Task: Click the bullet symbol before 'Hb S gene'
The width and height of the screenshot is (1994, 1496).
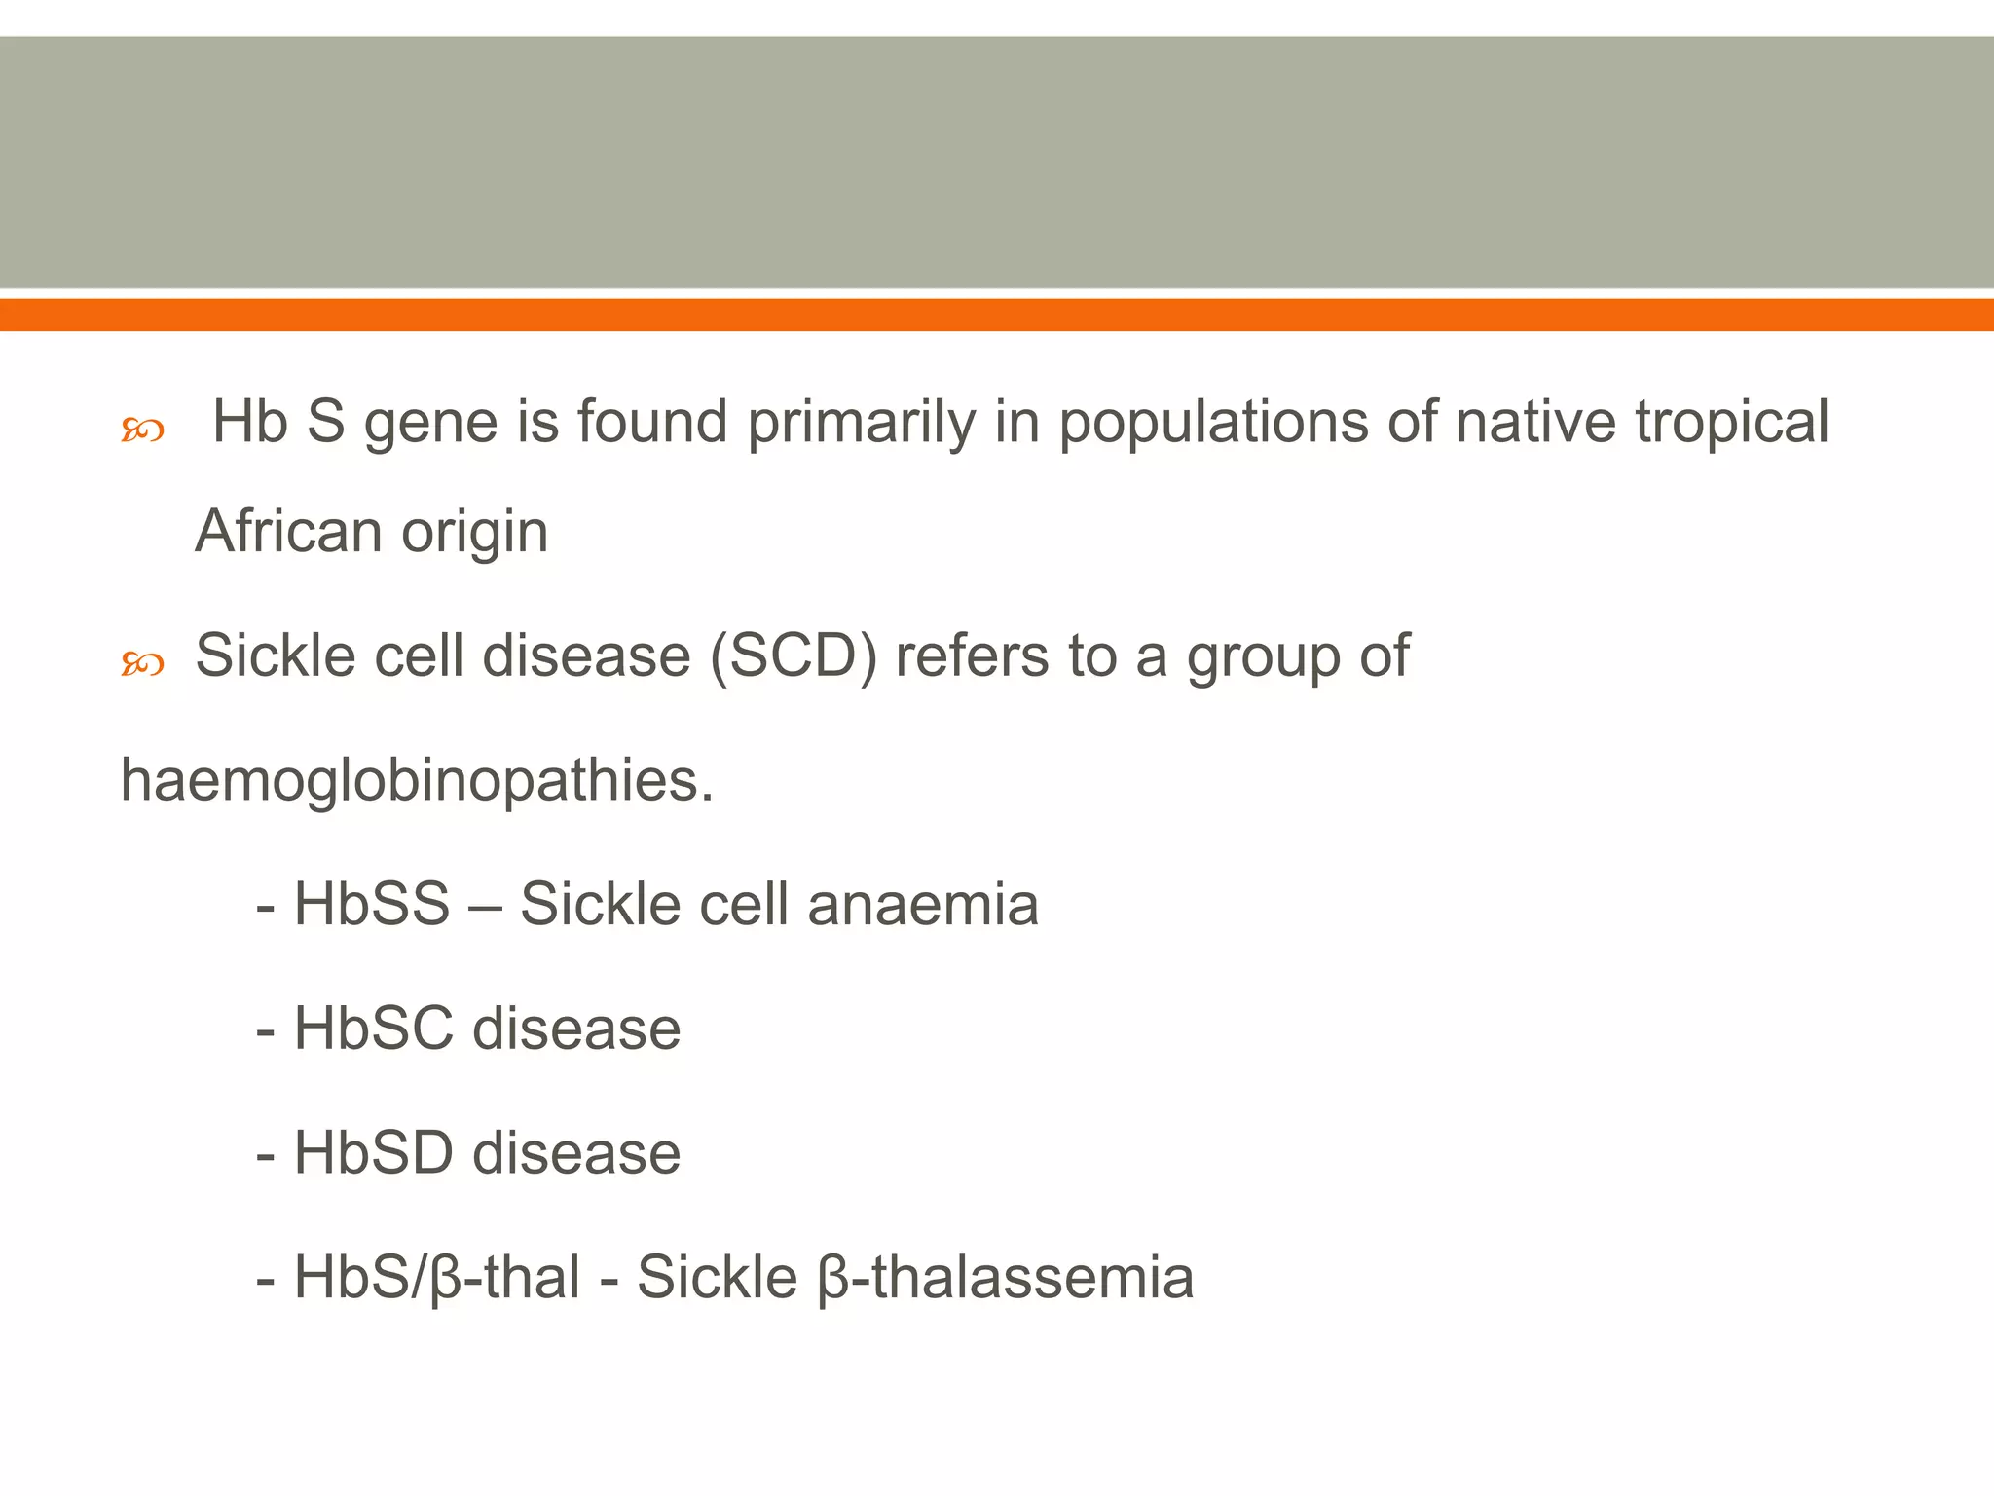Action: pyautogui.click(x=141, y=430)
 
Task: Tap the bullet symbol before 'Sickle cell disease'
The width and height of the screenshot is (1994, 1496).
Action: pyautogui.click(x=141, y=664)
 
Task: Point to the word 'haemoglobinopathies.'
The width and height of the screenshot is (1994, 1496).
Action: pyautogui.click(x=417, y=781)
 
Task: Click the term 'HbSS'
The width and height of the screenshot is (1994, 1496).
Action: pyautogui.click(x=372, y=904)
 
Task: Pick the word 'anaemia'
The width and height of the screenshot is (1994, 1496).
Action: pyautogui.click(x=923, y=904)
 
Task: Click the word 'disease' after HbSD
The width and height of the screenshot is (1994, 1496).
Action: pyautogui.click(x=576, y=1153)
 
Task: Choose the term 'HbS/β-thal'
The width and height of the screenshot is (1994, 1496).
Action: pyautogui.click(x=437, y=1278)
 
